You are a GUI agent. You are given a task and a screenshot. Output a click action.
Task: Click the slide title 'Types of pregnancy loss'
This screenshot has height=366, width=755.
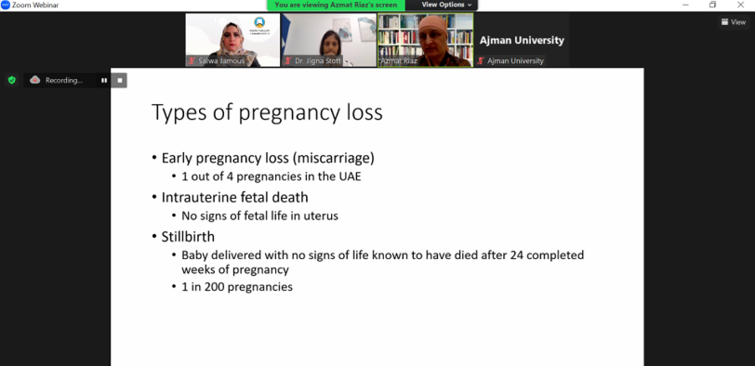tap(267, 112)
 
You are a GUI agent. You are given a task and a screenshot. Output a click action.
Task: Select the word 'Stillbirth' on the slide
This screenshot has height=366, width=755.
tap(188, 237)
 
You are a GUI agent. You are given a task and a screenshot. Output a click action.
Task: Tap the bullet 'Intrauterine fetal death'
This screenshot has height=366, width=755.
tap(234, 198)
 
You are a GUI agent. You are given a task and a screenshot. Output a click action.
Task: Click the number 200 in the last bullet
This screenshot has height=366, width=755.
tap(214, 287)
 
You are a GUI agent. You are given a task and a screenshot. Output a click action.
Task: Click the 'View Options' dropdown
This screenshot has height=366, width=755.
tap(446, 5)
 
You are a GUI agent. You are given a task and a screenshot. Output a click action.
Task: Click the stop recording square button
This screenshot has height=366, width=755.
tap(119, 80)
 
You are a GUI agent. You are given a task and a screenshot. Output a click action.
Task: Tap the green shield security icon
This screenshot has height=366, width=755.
tap(12, 80)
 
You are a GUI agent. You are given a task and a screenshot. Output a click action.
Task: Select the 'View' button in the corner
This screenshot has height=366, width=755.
tap(734, 22)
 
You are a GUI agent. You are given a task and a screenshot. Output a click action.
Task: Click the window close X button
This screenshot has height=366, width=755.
tap(740, 5)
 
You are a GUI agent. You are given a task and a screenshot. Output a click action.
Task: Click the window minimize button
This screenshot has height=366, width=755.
tap(685, 5)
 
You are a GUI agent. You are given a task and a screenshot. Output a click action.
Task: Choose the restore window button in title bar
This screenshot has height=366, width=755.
tap(712, 5)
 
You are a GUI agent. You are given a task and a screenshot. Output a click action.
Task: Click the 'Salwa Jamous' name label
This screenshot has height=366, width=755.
tap(221, 61)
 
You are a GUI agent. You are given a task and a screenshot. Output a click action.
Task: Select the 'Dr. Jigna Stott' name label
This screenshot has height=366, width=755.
tap(318, 61)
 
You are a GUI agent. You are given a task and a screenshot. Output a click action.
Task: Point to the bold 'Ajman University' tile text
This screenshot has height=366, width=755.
tap(522, 40)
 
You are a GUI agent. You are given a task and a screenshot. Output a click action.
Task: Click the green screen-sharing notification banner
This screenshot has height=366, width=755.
tap(336, 5)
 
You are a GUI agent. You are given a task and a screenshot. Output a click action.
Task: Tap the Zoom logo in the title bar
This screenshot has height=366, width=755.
tap(6, 5)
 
